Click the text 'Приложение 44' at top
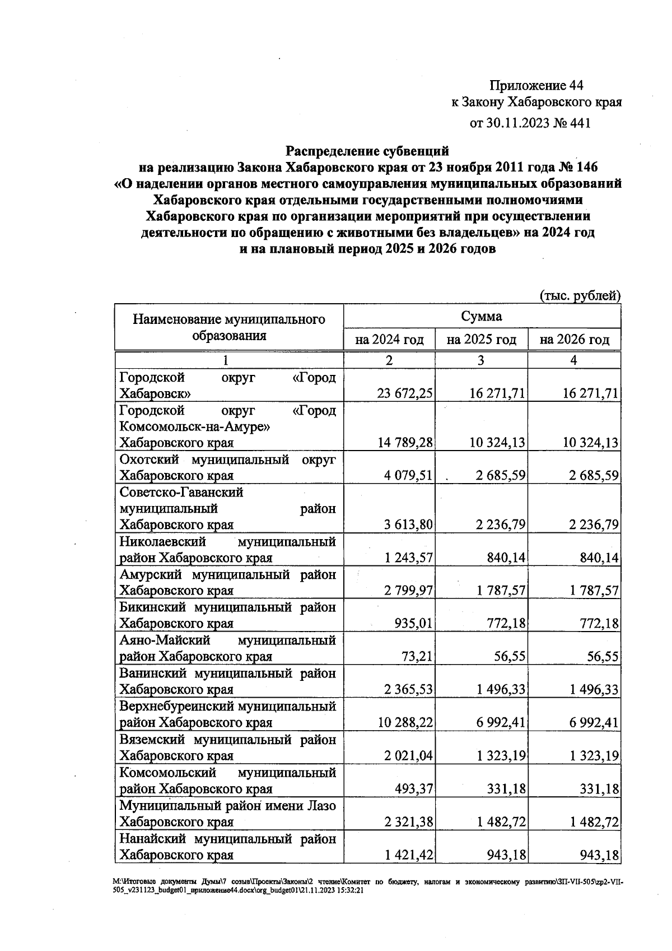(536, 85)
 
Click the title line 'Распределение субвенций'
(367, 151)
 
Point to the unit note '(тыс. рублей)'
(580, 295)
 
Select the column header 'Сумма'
(482, 316)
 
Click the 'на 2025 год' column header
(481, 340)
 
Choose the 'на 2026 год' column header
(574, 340)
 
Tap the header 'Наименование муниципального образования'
(228, 327)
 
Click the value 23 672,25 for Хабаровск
(405, 393)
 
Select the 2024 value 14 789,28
(405, 443)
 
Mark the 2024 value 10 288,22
(405, 722)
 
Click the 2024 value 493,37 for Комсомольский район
(413, 789)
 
